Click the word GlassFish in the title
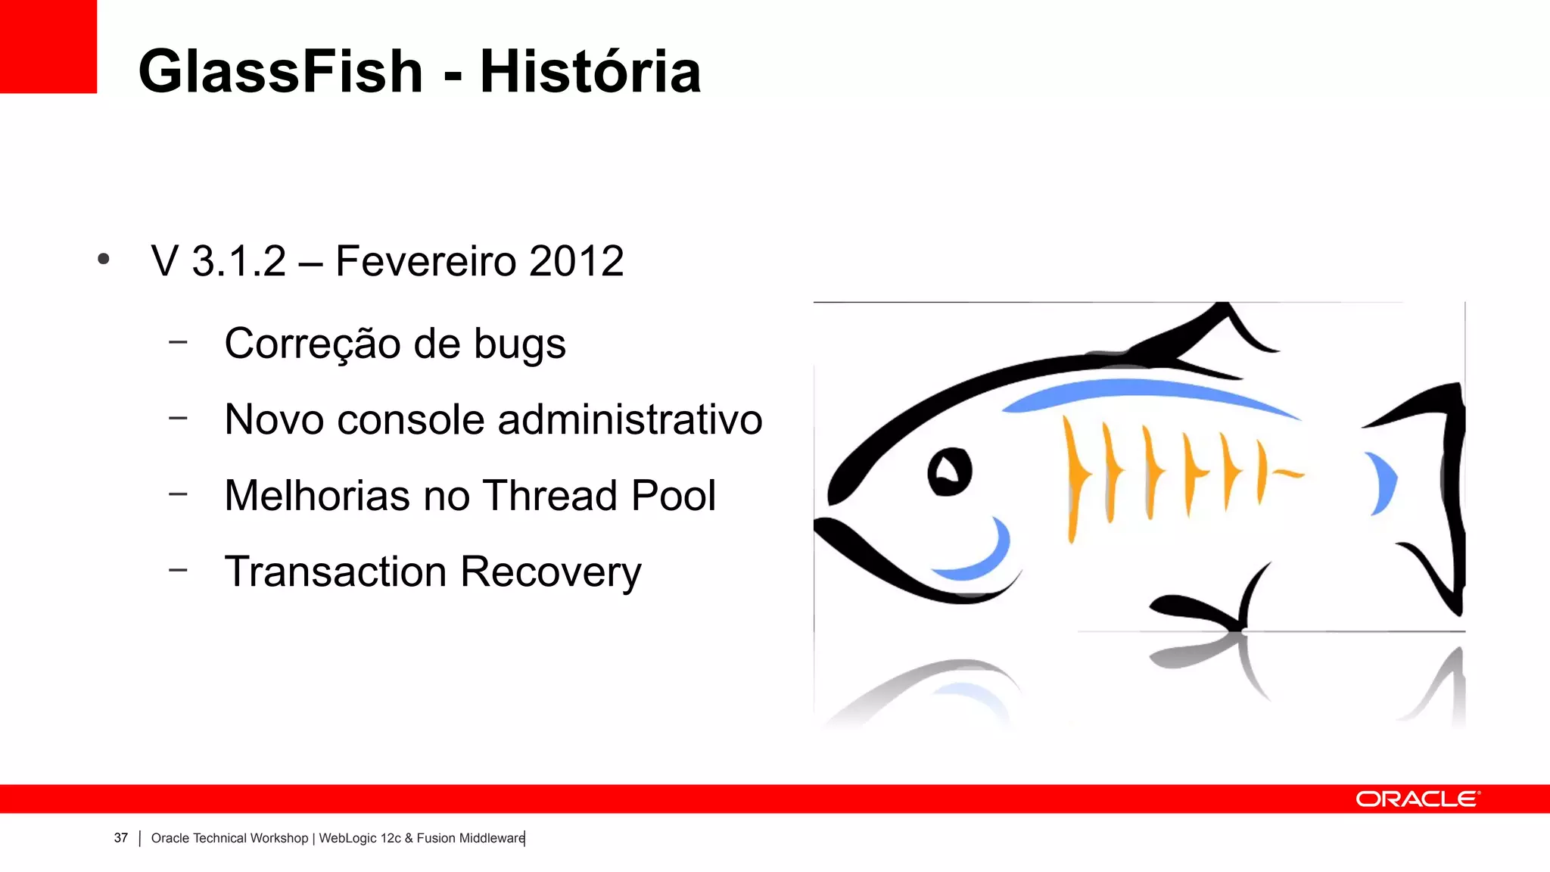tap(280, 72)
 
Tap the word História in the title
tap(590, 72)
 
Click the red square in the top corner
tap(48, 46)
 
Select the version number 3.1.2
tap(238, 262)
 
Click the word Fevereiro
tap(425, 262)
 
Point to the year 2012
tap(576, 262)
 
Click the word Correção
tap(312, 344)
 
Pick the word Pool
tap(673, 496)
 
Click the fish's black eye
tap(949, 472)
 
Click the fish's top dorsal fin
tap(1203, 333)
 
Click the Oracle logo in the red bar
tap(1417, 799)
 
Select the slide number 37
tap(121, 838)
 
